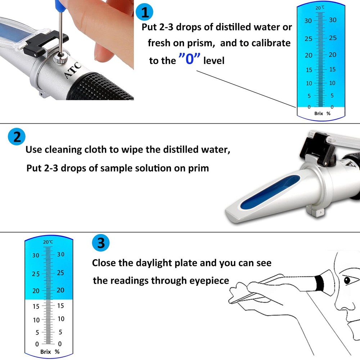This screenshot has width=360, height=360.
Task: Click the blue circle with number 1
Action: [x=145, y=13]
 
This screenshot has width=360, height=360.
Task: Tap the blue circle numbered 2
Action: [x=17, y=137]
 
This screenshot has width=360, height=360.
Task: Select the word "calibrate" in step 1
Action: [x=267, y=43]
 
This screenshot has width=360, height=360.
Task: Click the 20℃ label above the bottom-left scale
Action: [x=48, y=242]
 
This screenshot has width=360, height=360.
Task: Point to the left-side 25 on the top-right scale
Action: [x=308, y=39]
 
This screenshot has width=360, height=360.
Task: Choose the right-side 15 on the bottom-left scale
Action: [x=60, y=306]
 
